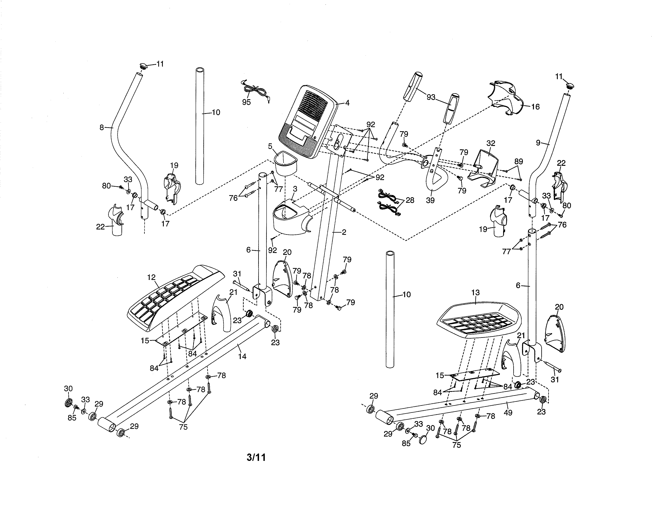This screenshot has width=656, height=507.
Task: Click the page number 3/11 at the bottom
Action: pyautogui.click(x=256, y=457)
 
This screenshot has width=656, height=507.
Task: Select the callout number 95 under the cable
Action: pyautogui.click(x=246, y=102)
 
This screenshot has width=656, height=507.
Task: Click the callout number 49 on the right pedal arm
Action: pyautogui.click(x=508, y=413)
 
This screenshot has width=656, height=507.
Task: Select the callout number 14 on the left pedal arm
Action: pyautogui.click(x=242, y=356)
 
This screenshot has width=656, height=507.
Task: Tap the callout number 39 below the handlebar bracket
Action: pyautogui.click(x=430, y=200)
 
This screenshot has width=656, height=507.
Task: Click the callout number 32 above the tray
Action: pyautogui.click(x=490, y=143)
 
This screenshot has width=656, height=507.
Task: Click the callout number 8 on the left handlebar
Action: pyautogui.click(x=102, y=128)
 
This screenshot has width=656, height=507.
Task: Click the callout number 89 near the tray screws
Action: pyautogui.click(x=518, y=161)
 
